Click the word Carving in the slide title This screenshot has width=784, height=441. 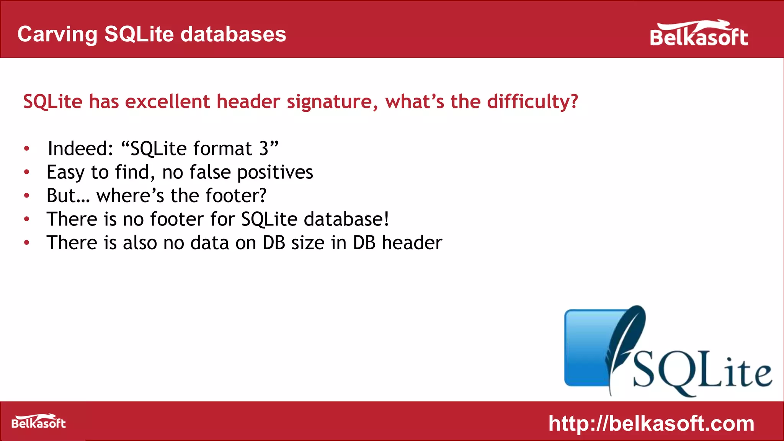(57, 34)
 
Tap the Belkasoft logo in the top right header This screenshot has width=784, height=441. (699, 34)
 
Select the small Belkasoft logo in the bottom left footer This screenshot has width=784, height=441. (38, 422)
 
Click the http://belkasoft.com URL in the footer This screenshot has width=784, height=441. (651, 423)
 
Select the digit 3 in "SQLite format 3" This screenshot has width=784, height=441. (264, 149)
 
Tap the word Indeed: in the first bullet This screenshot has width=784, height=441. (80, 149)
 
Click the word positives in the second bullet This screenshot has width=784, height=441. (275, 173)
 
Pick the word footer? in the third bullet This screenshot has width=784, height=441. (236, 196)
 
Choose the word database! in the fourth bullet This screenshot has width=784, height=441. (346, 219)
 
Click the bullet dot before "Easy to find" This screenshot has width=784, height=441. (26, 172)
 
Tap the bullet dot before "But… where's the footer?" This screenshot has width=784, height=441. (26, 196)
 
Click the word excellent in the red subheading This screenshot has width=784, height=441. (167, 102)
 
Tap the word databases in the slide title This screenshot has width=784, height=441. (233, 34)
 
